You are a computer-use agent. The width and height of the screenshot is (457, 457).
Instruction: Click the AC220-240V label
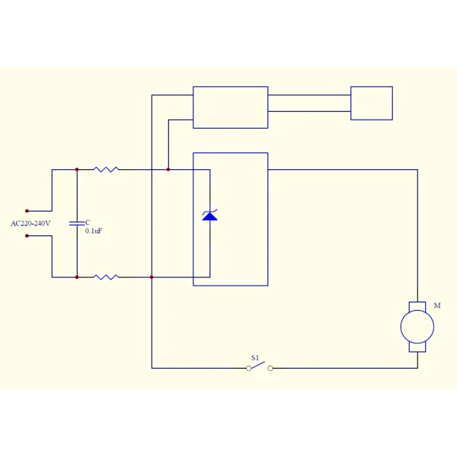(x=30, y=223)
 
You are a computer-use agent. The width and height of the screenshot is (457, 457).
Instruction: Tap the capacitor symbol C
(x=77, y=223)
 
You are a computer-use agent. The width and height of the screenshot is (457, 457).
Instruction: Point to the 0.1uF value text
(x=94, y=231)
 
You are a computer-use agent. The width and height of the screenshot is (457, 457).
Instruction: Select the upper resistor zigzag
(x=106, y=169)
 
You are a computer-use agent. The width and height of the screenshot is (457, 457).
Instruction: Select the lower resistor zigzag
(x=106, y=277)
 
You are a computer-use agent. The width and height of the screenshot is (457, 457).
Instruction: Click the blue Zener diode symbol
(x=210, y=215)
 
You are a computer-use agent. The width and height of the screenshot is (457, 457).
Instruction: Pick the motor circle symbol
(x=417, y=327)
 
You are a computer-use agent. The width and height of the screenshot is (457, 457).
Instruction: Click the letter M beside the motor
(x=437, y=305)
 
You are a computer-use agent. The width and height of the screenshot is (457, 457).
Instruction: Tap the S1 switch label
(x=255, y=358)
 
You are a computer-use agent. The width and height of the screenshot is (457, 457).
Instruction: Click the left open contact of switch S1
(x=248, y=369)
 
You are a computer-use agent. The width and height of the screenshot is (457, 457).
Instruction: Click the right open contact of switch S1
(x=270, y=369)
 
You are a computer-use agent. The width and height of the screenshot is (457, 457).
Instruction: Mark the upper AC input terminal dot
(x=27, y=211)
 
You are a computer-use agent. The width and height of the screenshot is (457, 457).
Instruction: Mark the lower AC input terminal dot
(x=27, y=236)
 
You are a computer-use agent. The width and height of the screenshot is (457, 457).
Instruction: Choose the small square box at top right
(x=372, y=103)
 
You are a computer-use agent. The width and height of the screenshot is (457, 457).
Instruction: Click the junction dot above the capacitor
(x=77, y=169)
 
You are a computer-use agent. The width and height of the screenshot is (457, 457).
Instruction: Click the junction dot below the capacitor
(x=77, y=277)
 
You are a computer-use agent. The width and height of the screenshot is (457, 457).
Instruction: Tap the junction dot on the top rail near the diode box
(x=168, y=169)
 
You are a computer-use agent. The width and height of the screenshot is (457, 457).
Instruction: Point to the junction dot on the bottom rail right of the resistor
(x=152, y=277)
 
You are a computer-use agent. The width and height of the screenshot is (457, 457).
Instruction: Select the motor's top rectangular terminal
(x=417, y=306)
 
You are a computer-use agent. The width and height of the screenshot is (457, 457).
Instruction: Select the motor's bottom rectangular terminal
(x=417, y=347)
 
